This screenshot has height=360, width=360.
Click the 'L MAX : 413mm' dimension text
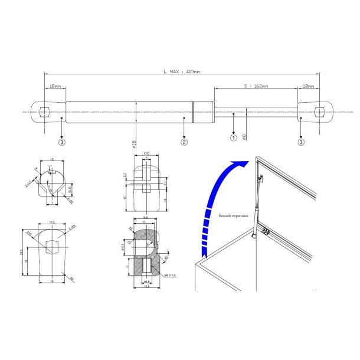pos(182,71)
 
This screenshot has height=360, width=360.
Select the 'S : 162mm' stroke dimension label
pos(255,86)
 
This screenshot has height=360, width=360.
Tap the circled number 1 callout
pos(234,138)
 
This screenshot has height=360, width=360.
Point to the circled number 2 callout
pos(184,142)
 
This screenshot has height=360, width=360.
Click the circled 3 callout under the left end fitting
pos(62,142)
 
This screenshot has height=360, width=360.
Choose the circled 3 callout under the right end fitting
pos(302,142)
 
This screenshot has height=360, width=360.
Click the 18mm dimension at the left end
pos(55,86)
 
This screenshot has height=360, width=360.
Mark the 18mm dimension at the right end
pos(308,86)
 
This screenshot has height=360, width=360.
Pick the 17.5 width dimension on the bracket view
pos(52,222)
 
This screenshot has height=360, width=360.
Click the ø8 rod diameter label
pos(244,136)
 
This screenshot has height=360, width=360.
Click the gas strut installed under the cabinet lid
pos(257,207)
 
